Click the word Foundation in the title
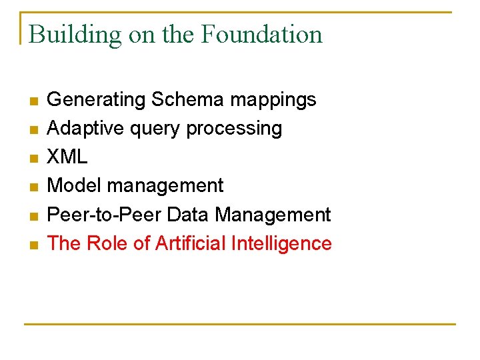pyautogui.click(x=262, y=34)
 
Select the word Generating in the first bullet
pyautogui.click(x=96, y=100)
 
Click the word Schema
pyautogui.click(x=187, y=100)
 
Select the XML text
pyautogui.click(x=67, y=157)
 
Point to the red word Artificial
pyautogui.click(x=190, y=243)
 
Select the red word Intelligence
pyautogui.click(x=281, y=244)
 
